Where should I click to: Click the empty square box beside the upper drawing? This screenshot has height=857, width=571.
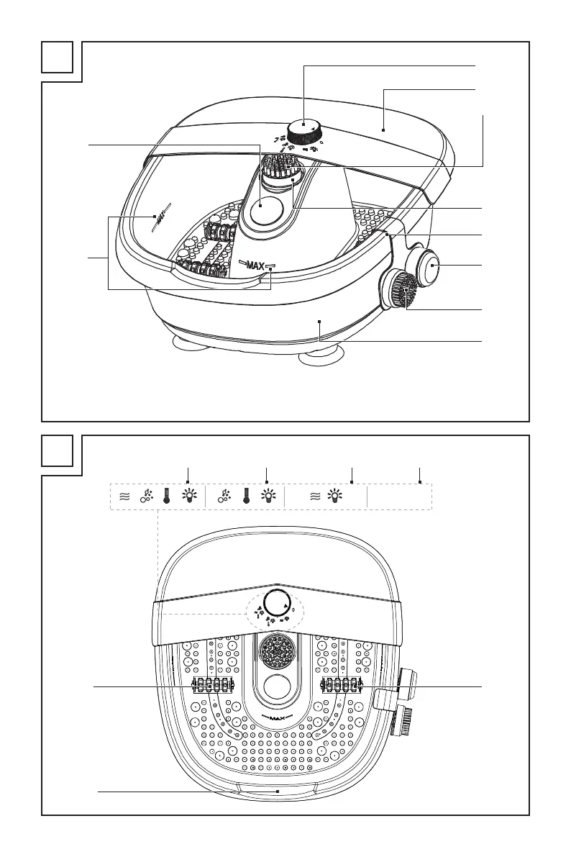click(x=58, y=58)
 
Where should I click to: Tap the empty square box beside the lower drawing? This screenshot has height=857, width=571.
click(x=58, y=451)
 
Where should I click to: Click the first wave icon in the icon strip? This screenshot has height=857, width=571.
click(x=124, y=496)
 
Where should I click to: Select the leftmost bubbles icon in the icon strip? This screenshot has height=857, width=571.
click(x=146, y=496)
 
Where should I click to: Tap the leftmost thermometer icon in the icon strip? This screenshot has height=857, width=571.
click(x=167, y=496)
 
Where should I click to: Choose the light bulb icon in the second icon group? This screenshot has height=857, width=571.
click(x=268, y=496)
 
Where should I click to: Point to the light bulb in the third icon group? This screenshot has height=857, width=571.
click(x=335, y=496)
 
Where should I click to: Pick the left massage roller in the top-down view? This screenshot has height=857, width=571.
click(x=213, y=686)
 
